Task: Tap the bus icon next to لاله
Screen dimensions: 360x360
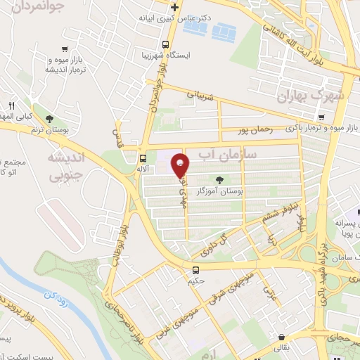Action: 143,158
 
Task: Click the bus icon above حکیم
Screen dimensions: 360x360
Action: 195,269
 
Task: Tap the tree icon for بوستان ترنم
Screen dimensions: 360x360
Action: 48,118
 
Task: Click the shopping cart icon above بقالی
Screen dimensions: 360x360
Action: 281,337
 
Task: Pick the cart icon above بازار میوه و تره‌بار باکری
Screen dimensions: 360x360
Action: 321,117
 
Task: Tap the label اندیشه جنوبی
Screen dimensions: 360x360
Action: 64,165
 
